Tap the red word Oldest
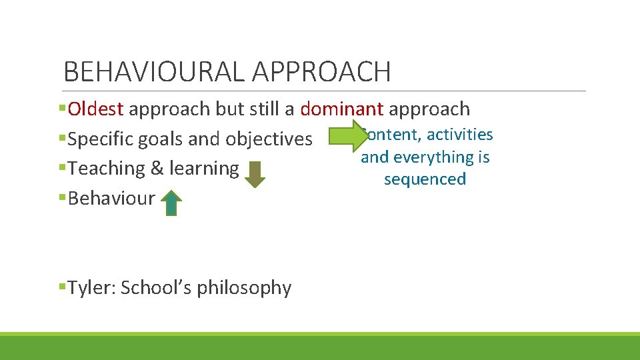coord(96,109)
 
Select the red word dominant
coord(341,109)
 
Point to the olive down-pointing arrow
coord(255,173)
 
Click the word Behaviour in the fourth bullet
coord(111,198)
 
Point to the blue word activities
coord(460,135)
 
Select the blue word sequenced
coord(425,179)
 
